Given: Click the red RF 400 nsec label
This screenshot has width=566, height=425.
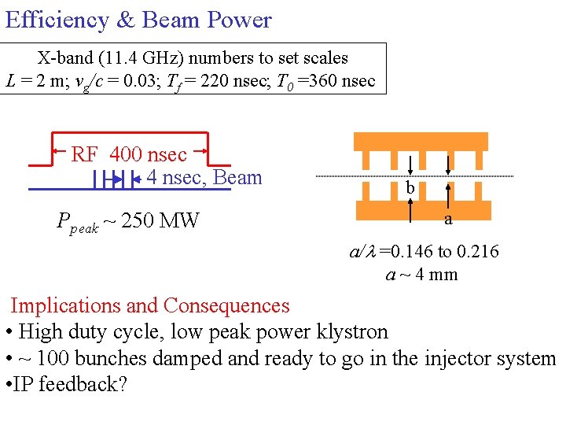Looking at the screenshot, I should click(x=129, y=154).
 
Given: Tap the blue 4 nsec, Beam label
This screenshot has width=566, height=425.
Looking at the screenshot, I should click(x=204, y=178).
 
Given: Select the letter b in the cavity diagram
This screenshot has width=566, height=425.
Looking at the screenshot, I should click(x=410, y=188).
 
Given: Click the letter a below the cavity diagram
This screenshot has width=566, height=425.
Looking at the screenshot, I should click(x=448, y=220).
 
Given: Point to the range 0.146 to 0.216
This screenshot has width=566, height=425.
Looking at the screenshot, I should click(x=439, y=252).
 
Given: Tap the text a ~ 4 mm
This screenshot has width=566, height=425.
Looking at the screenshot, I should click(x=421, y=275).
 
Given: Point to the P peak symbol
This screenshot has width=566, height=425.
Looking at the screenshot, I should click(x=77, y=222).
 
